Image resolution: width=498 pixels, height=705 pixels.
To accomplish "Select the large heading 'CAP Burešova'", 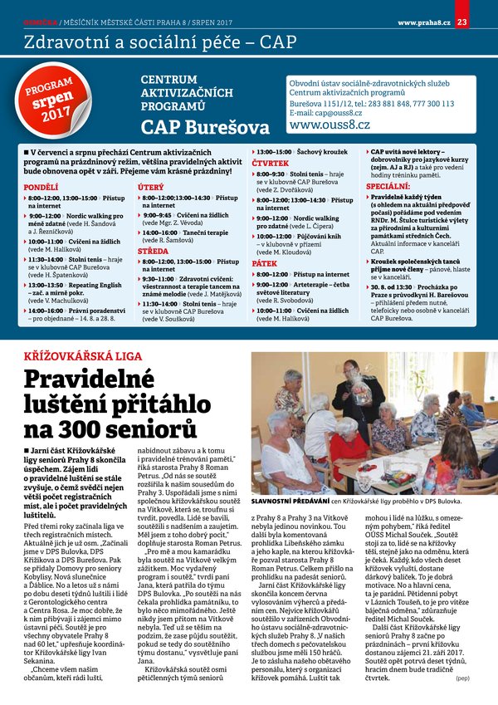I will [x=205, y=128].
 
